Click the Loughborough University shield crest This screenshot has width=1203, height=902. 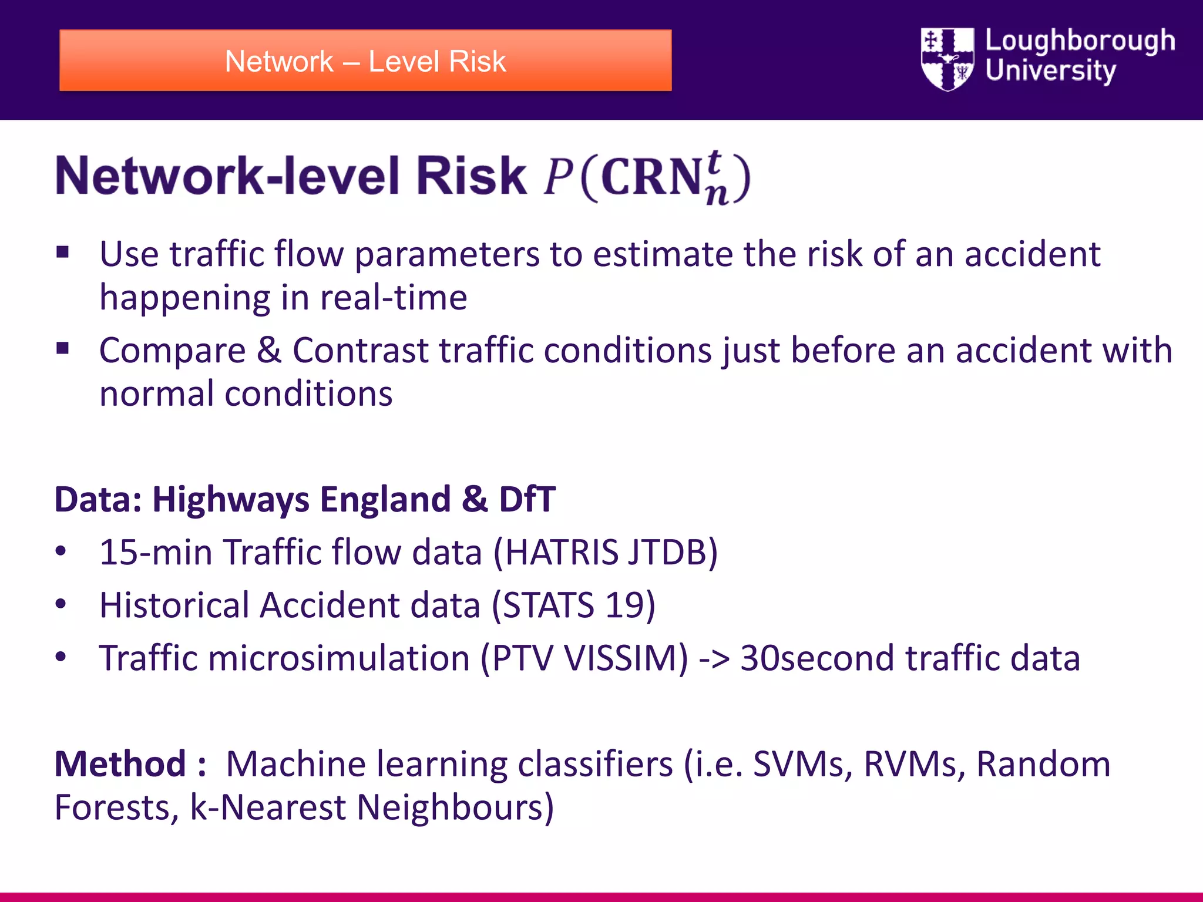click(x=947, y=59)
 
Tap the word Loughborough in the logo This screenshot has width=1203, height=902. click(x=1080, y=41)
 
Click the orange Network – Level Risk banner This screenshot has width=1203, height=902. click(x=365, y=61)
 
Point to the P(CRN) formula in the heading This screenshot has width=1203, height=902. click(x=646, y=177)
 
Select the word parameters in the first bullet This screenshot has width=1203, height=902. click(x=446, y=255)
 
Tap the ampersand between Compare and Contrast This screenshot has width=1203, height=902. click(x=269, y=351)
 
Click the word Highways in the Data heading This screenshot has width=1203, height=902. click(x=230, y=500)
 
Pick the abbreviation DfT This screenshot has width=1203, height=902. click(x=527, y=500)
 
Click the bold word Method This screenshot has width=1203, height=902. click(x=120, y=764)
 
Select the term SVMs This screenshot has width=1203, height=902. click(x=802, y=764)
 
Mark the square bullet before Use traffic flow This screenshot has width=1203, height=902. click(x=63, y=253)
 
